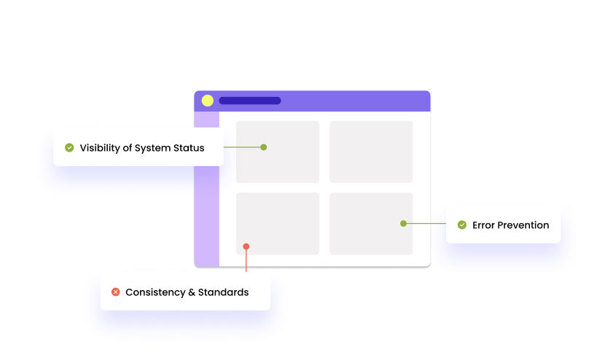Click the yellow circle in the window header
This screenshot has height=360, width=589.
coord(208,101)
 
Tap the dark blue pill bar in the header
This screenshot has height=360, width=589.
coord(249,101)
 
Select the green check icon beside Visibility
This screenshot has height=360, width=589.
coord(69,147)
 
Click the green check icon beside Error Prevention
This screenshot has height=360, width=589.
coord(462,224)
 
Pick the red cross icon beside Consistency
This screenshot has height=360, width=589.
coord(115,292)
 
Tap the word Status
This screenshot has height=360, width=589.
coord(190,148)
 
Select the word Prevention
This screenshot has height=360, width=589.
coord(524,225)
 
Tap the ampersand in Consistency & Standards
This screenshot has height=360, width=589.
coord(192,292)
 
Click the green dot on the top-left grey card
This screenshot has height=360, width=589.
coord(264,147)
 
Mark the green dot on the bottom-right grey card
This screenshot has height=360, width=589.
coord(403,224)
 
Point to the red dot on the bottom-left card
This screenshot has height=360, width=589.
coord(246,246)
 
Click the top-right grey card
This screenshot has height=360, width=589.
coord(371,152)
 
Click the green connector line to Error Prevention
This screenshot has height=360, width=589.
coord(426,224)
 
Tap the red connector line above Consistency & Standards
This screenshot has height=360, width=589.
coord(246,261)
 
